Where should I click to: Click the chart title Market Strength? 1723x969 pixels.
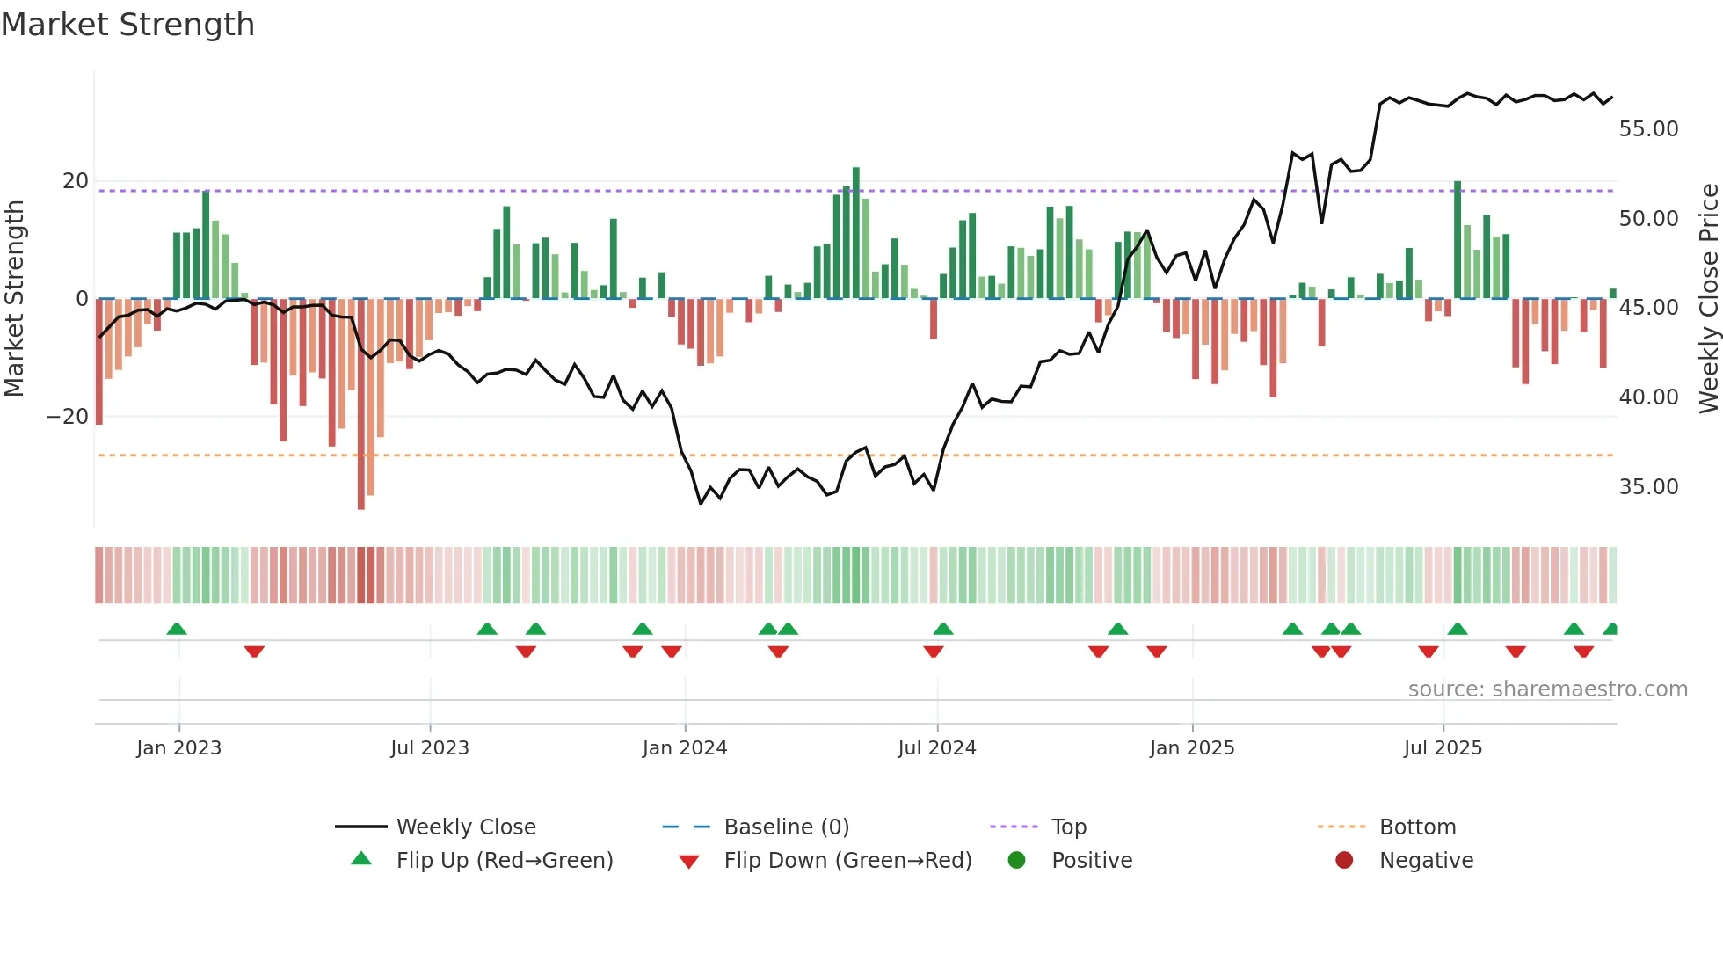point(128,25)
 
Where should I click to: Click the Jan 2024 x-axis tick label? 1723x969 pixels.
point(685,748)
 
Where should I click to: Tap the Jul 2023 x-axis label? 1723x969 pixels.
point(430,748)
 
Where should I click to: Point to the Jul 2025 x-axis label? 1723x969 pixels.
point(1443,748)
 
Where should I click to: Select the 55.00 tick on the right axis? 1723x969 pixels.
point(1648,129)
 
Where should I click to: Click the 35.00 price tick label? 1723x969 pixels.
point(1648,487)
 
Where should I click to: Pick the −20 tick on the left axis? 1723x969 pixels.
point(68,417)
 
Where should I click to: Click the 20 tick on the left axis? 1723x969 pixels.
point(76,181)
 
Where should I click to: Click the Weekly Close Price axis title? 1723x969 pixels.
point(1708,299)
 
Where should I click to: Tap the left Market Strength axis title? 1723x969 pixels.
point(15,299)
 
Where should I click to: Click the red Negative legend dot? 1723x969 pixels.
point(1344,861)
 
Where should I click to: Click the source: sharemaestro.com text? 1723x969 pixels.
point(1547,689)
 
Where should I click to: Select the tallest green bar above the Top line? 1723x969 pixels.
point(856,232)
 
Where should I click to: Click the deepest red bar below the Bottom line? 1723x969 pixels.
point(361,404)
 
